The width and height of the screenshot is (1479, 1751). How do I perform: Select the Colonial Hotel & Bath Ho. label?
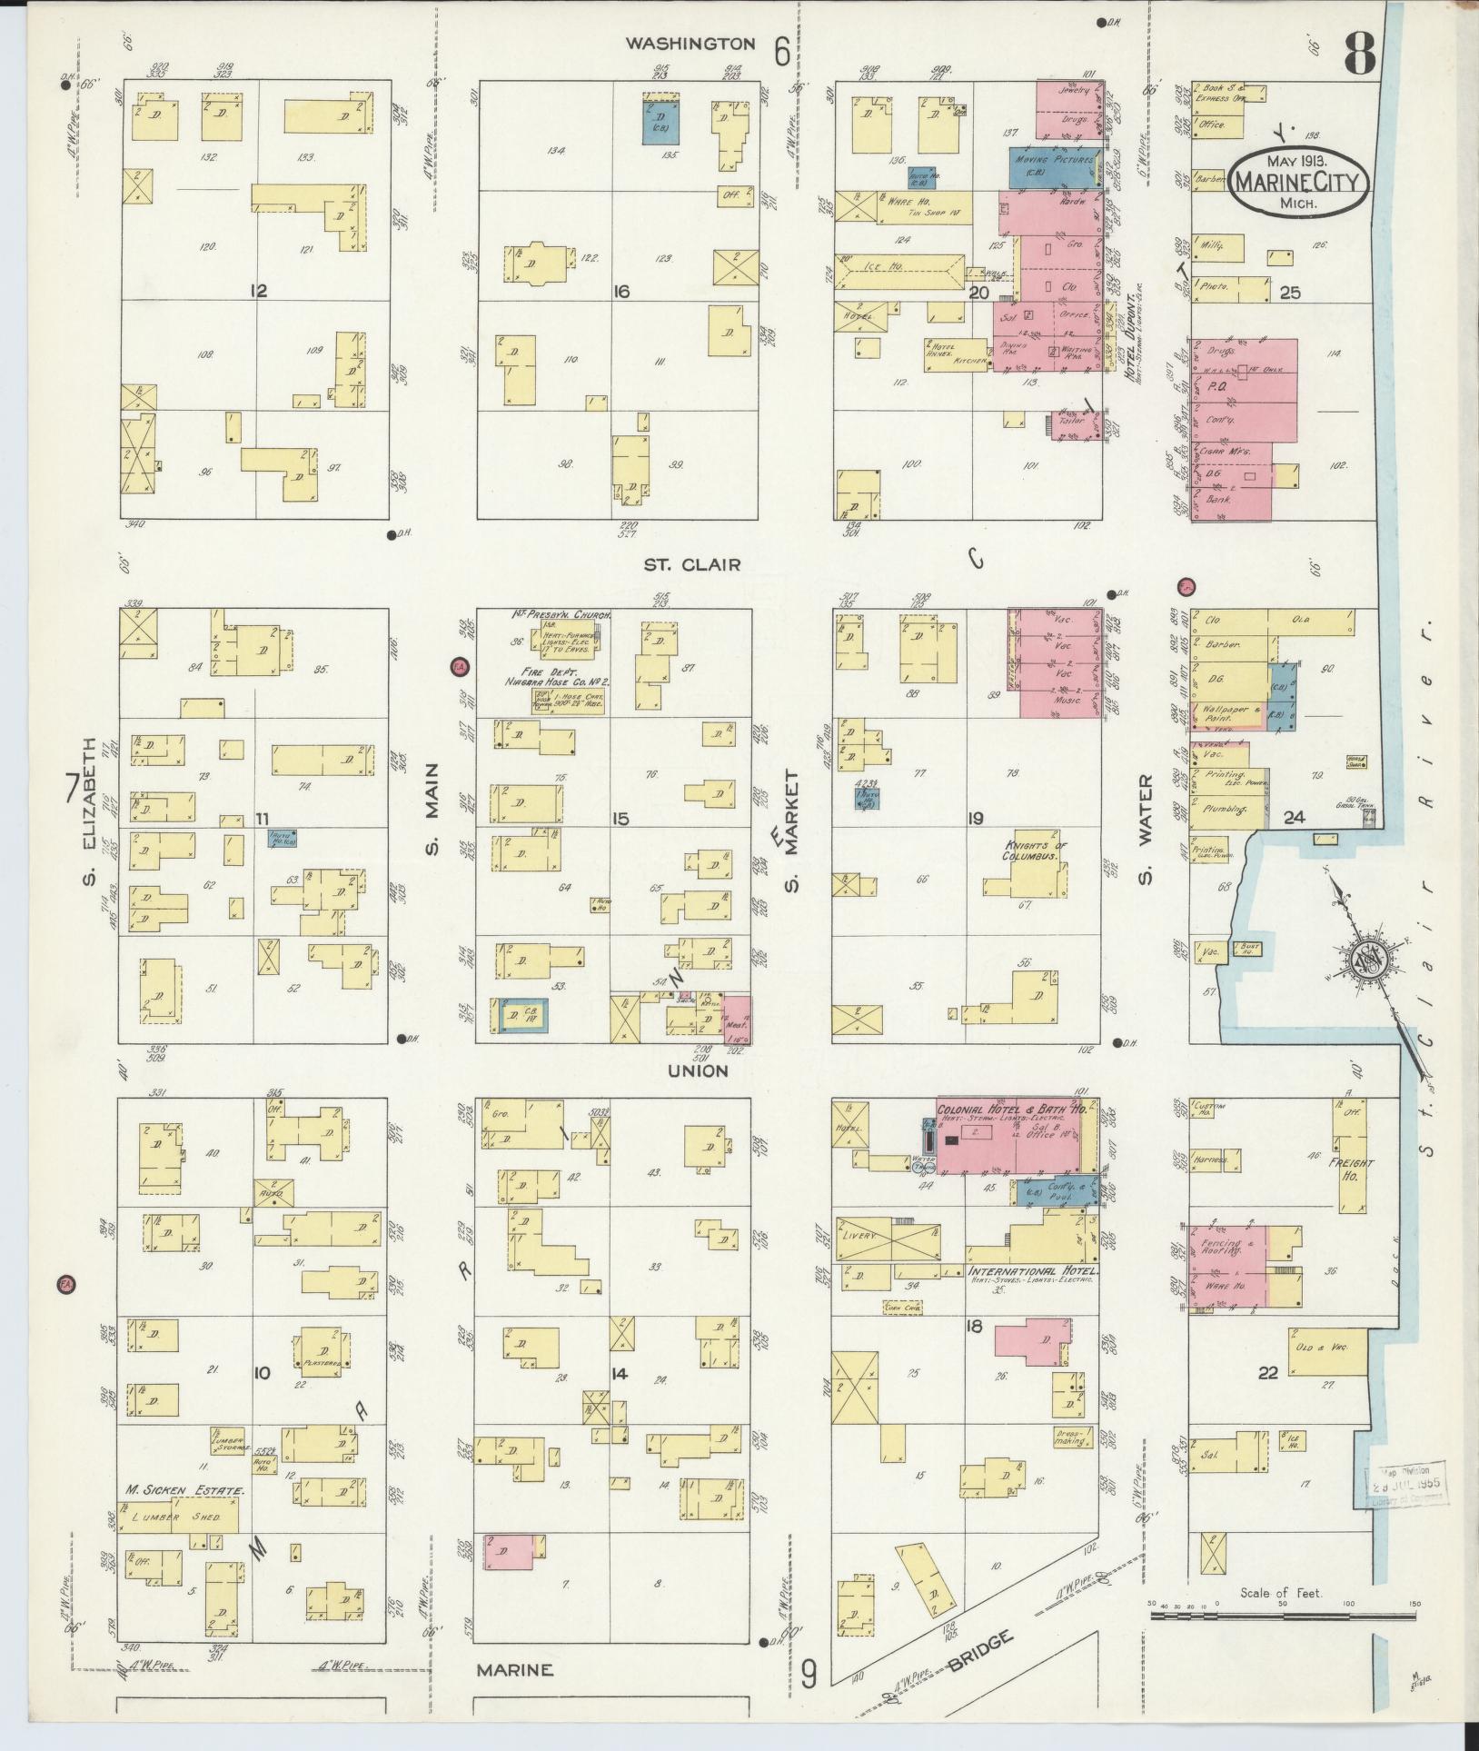click(x=1018, y=1110)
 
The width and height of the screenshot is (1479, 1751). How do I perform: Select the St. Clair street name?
click(x=692, y=564)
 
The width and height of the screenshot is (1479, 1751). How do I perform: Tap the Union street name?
click(x=697, y=1070)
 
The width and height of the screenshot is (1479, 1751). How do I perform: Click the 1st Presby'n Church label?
click(x=559, y=615)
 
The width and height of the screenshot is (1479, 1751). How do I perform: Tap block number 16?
click(x=621, y=292)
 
